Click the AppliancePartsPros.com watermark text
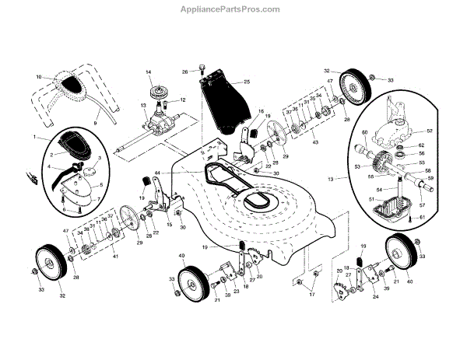[233, 9]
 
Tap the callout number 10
[37, 77]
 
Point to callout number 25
[246, 82]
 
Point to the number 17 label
[312, 295]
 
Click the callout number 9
[96, 123]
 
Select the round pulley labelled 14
[163, 89]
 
